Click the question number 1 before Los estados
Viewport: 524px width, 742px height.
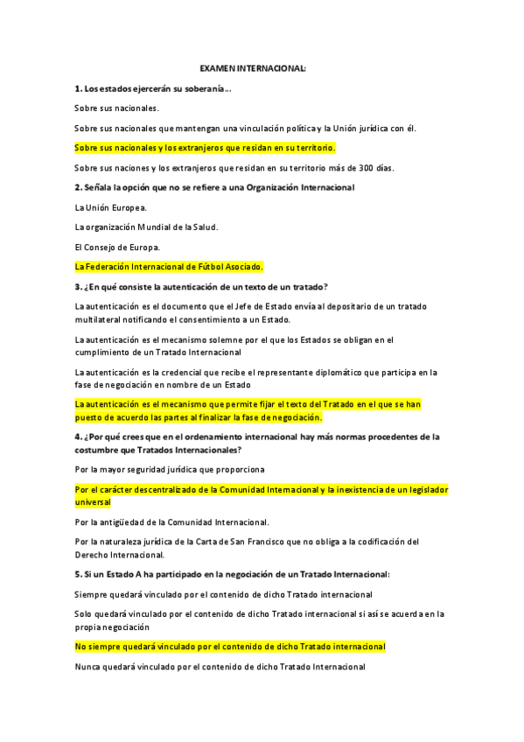coord(78,88)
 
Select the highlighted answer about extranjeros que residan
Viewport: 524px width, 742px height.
coord(206,148)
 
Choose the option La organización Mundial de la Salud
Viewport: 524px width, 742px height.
coord(146,227)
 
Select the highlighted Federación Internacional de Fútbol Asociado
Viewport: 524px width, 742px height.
coord(169,266)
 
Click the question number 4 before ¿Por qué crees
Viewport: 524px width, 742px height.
coord(78,436)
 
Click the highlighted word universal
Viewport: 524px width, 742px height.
coord(94,502)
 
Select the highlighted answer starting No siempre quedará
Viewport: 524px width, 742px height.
coord(230,647)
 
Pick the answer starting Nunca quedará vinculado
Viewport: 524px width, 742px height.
coord(220,667)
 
